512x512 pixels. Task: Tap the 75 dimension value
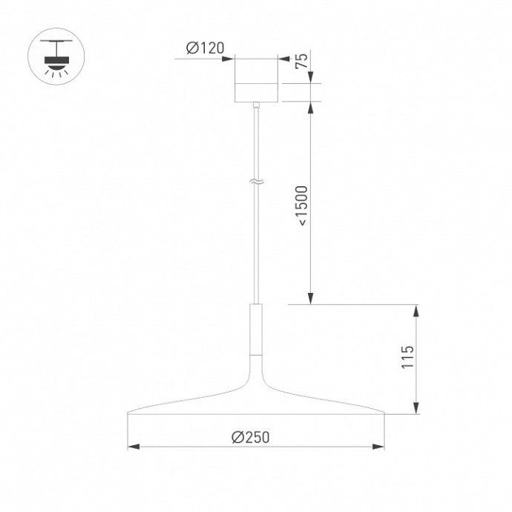(x=301, y=62)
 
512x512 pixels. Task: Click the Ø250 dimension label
(x=250, y=437)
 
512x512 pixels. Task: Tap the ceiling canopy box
(x=256, y=81)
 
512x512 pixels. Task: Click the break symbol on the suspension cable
(x=256, y=180)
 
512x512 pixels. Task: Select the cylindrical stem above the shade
(x=256, y=329)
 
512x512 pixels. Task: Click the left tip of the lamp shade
(x=130, y=412)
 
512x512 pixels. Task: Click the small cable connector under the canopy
(x=256, y=107)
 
